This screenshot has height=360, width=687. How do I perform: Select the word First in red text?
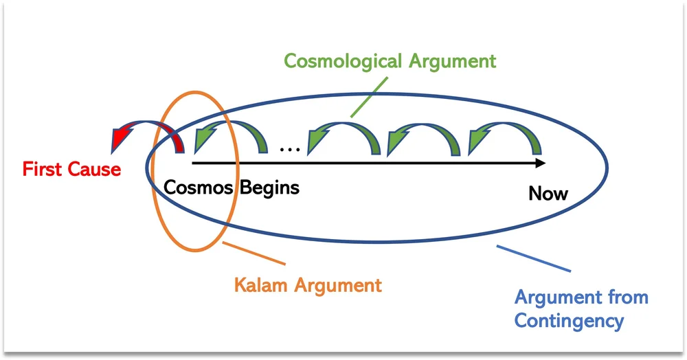tap(42, 169)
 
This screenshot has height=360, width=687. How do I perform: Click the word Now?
tap(548, 194)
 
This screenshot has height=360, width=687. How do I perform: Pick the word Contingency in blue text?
tap(569, 320)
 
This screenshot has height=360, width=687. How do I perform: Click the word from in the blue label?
tap(629, 297)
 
